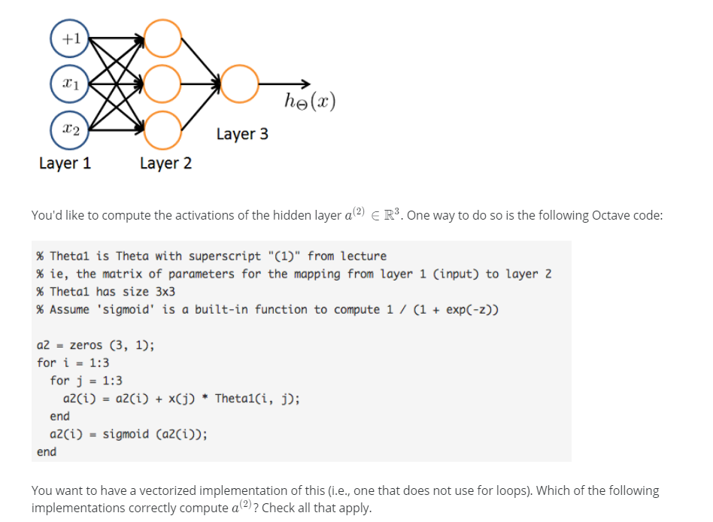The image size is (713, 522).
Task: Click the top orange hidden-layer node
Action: pos(162,38)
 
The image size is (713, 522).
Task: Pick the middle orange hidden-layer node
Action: pos(162,84)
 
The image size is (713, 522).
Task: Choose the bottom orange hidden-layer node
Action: pos(162,131)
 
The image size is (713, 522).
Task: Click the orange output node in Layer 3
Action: pos(240,84)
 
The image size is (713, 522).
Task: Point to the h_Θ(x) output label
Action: pos(310,101)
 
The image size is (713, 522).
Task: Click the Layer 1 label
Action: pos(65,163)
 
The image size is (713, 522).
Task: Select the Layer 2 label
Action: pos(165,163)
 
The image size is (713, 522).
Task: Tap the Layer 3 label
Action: pos(241,134)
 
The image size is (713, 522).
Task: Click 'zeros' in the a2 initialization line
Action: pos(86,346)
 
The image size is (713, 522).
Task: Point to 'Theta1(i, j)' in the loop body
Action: pos(256,399)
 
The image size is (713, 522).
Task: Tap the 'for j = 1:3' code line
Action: pos(86,381)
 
